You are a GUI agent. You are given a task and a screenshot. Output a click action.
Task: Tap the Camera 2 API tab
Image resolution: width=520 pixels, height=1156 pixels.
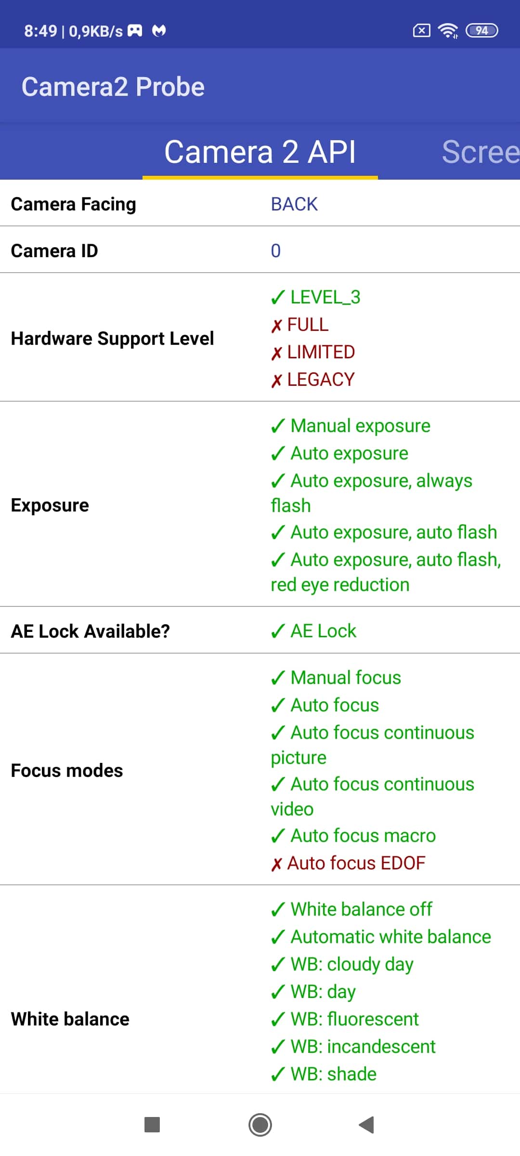coord(260,152)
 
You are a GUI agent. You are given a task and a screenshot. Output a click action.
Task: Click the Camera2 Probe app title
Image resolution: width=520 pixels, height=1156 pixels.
coord(113,87)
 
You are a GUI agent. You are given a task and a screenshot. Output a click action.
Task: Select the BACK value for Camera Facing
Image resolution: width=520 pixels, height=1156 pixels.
coord(294,204)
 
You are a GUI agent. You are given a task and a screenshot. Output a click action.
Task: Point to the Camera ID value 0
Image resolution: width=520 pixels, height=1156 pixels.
coord(275,251)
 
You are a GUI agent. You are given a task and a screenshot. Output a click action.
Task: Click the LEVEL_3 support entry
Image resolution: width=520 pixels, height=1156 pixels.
coord(315,297)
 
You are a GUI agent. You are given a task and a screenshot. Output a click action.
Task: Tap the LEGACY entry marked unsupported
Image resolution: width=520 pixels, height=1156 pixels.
coord(312,380)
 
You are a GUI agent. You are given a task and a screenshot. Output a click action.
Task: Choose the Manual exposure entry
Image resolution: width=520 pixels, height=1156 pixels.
coord(351,426)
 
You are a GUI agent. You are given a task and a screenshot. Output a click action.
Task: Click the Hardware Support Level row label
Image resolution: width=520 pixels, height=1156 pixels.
coord(112,339)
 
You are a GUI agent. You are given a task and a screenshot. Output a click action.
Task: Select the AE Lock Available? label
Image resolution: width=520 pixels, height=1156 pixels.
coord(91,631)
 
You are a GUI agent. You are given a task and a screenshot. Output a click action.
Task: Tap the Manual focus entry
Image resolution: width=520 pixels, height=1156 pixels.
coord(336,678)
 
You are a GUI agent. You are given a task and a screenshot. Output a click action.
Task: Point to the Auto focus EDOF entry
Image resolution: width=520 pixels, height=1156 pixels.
coord(348,863)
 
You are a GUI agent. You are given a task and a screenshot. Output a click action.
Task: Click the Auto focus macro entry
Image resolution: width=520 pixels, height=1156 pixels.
coord(353,836)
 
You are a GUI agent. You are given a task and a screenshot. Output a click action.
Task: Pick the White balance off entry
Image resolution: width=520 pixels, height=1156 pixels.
coord(351,909)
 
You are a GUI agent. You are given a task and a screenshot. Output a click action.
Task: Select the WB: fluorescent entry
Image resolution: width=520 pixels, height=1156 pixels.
coord(345,1019)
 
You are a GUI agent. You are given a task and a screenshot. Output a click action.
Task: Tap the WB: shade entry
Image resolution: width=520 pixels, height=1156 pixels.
coord(324,1074)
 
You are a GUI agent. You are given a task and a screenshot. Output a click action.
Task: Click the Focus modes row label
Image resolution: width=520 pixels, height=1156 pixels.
coord(67,771)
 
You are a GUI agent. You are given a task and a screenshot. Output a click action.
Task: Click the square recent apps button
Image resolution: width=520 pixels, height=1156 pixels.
coord(152,1125)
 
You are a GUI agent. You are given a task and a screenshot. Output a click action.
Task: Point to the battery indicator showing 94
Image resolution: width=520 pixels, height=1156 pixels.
coord(482,31)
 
